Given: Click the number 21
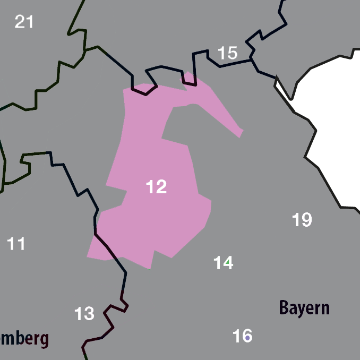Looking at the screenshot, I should click(24, 22).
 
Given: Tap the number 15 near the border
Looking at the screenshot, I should click(227, 53).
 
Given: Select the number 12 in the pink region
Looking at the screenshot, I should click(156, 186).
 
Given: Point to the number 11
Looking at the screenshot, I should click(16, 244).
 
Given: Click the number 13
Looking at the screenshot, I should click(84, 314).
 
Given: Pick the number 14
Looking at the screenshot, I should click(223, 262).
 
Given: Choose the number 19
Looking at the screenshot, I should click(302, 219).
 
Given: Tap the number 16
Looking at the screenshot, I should click(242, 336).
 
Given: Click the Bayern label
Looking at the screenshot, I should click(304, 307).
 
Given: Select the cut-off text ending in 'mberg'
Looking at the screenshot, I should click(24, 338).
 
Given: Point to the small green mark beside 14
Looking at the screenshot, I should click(228, 262).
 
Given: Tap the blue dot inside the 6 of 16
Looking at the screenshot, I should click(247, 338).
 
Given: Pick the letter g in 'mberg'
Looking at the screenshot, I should click(45, 340).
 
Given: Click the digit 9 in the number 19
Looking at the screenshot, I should click(306, 219).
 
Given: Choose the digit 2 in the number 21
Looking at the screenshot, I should click(20, 22).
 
